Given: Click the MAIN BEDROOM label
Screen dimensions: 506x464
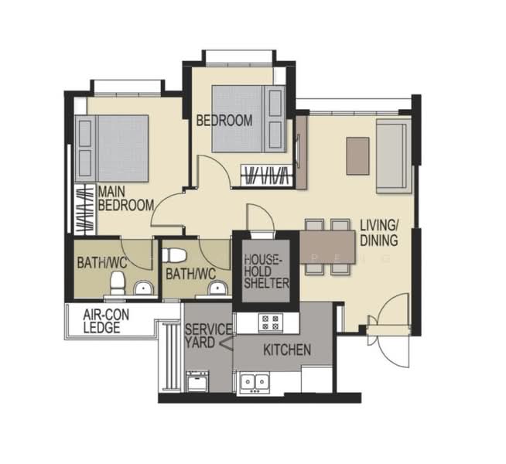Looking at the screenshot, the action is click(x=126, y=198).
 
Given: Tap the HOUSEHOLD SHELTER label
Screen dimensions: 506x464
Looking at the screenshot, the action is click(x=266, y=271).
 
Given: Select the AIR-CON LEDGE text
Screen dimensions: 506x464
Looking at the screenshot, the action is click(x=106, y=321).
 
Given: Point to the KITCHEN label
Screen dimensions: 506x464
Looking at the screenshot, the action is click(x=287, y=350).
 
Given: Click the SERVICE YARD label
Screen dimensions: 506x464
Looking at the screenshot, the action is click(x=208, y=336).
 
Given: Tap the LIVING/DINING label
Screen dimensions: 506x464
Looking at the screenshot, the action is click(x=379, y=233).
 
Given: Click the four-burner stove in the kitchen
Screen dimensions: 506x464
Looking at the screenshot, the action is click(x=271, y=322).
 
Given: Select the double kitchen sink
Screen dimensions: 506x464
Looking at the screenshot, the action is click(x=255, y=383).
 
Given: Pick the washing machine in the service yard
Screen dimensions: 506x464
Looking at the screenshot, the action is click(x=197, y=380).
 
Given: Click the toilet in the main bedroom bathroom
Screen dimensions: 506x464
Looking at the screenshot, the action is click(x=118, y=283).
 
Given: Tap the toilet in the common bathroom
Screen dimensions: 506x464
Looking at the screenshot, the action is click(x=174, y=255).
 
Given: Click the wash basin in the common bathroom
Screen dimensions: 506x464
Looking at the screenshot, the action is click(x=217, y=288).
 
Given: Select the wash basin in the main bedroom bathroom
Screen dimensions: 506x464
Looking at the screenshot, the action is click(x=143, y=288).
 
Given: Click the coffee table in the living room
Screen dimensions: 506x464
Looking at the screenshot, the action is click(x=358, y=156).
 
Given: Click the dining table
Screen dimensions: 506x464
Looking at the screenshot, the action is click(x=327, y=247).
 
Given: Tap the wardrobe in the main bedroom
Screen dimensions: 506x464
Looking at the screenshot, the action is click(x=86, y=210).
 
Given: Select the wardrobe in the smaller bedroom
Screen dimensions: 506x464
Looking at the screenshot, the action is click(x=267, y=176).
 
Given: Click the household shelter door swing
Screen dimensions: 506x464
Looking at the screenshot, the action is click(x=260, y=217).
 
